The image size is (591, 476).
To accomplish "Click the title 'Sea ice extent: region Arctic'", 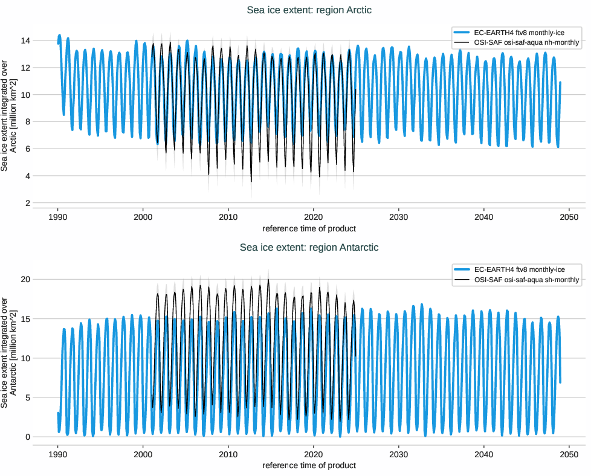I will (x=309, y=10).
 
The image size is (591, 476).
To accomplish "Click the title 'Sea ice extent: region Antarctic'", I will (x=309, y=247).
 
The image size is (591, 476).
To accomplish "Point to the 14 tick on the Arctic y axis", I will (x=27, y=40).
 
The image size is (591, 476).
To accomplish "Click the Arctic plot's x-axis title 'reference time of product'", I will (x=309, y=229).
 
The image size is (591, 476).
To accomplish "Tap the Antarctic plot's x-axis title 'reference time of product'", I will (x=309, y=466).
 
